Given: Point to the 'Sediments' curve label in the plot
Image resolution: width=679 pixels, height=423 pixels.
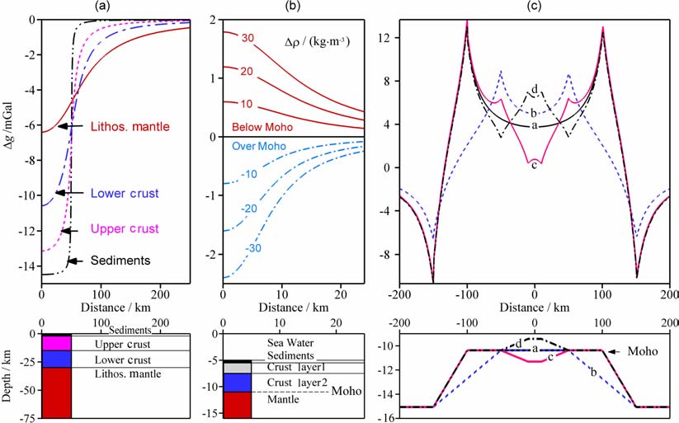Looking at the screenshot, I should click(120, 261).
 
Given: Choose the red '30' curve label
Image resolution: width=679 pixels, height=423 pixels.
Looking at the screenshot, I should click(248, 38).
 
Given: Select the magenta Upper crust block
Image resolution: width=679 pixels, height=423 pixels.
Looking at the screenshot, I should click(58, 342).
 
